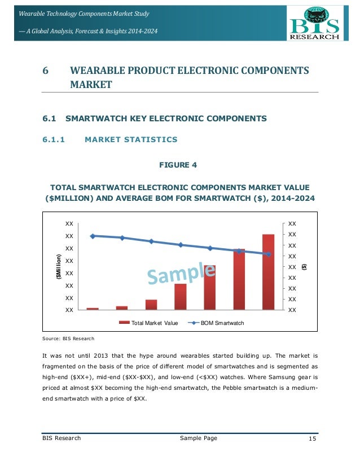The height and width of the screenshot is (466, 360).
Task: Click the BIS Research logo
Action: click(314, 23)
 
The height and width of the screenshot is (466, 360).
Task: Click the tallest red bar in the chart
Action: click(268, 271)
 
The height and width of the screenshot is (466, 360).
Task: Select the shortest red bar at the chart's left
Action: click(93, 309)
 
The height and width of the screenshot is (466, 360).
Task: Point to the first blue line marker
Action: click(93, 236)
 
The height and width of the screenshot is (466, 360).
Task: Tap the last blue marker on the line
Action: click(268, 254)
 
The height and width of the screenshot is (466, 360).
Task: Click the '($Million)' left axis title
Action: click(58, 267)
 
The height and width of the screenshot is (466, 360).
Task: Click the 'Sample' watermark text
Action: click(182, 272)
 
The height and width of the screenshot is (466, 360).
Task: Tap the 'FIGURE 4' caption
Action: click(180, 165)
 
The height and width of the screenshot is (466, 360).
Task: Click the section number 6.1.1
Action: click(54, 139)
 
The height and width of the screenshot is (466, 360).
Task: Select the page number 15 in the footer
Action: click(313, 438)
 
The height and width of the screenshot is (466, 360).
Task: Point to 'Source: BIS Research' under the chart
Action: click(68, 338)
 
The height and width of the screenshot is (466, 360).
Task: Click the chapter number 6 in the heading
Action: click(46, 71)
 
